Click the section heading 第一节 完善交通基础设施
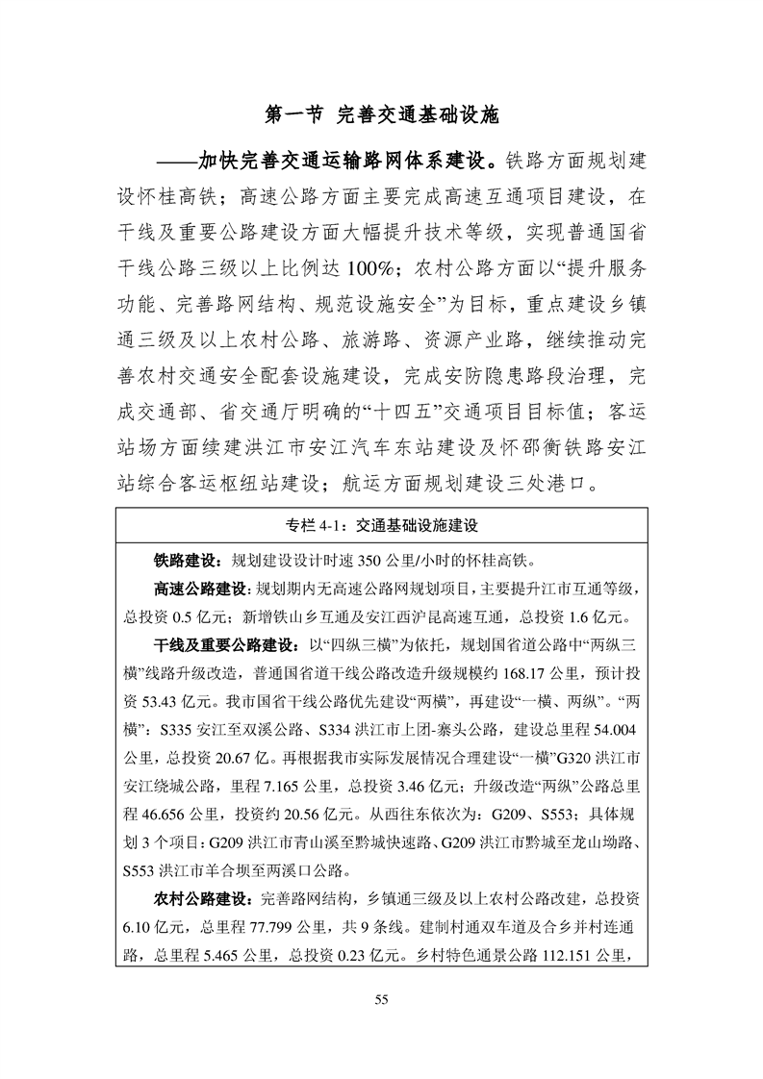(x=381, y=115)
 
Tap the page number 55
(x=381, y=1001)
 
